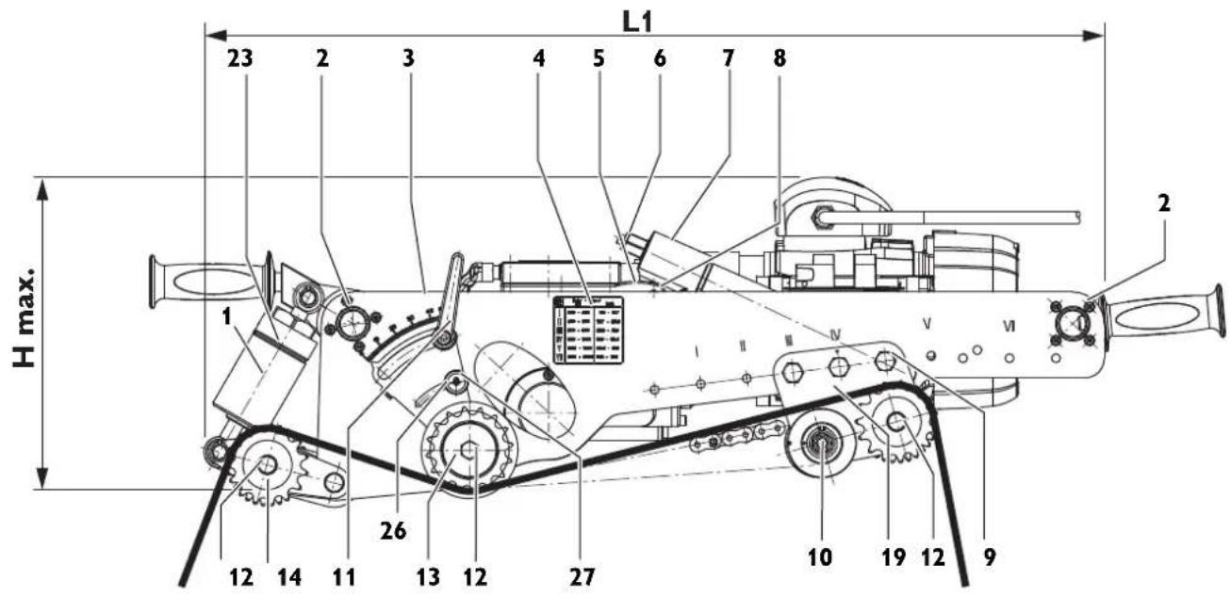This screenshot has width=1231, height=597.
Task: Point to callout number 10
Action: pyautogui.click(x=820, y=557)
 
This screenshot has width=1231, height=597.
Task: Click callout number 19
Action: pyautogui.click(x=894, y=557)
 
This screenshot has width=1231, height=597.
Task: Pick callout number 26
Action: pyautogui.click(x=392, y=531)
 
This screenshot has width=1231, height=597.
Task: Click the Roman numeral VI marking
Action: pyautogui.click(x=1009, y=327)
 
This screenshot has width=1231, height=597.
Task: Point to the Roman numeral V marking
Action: pyautogui.click(x=927, y=324)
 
